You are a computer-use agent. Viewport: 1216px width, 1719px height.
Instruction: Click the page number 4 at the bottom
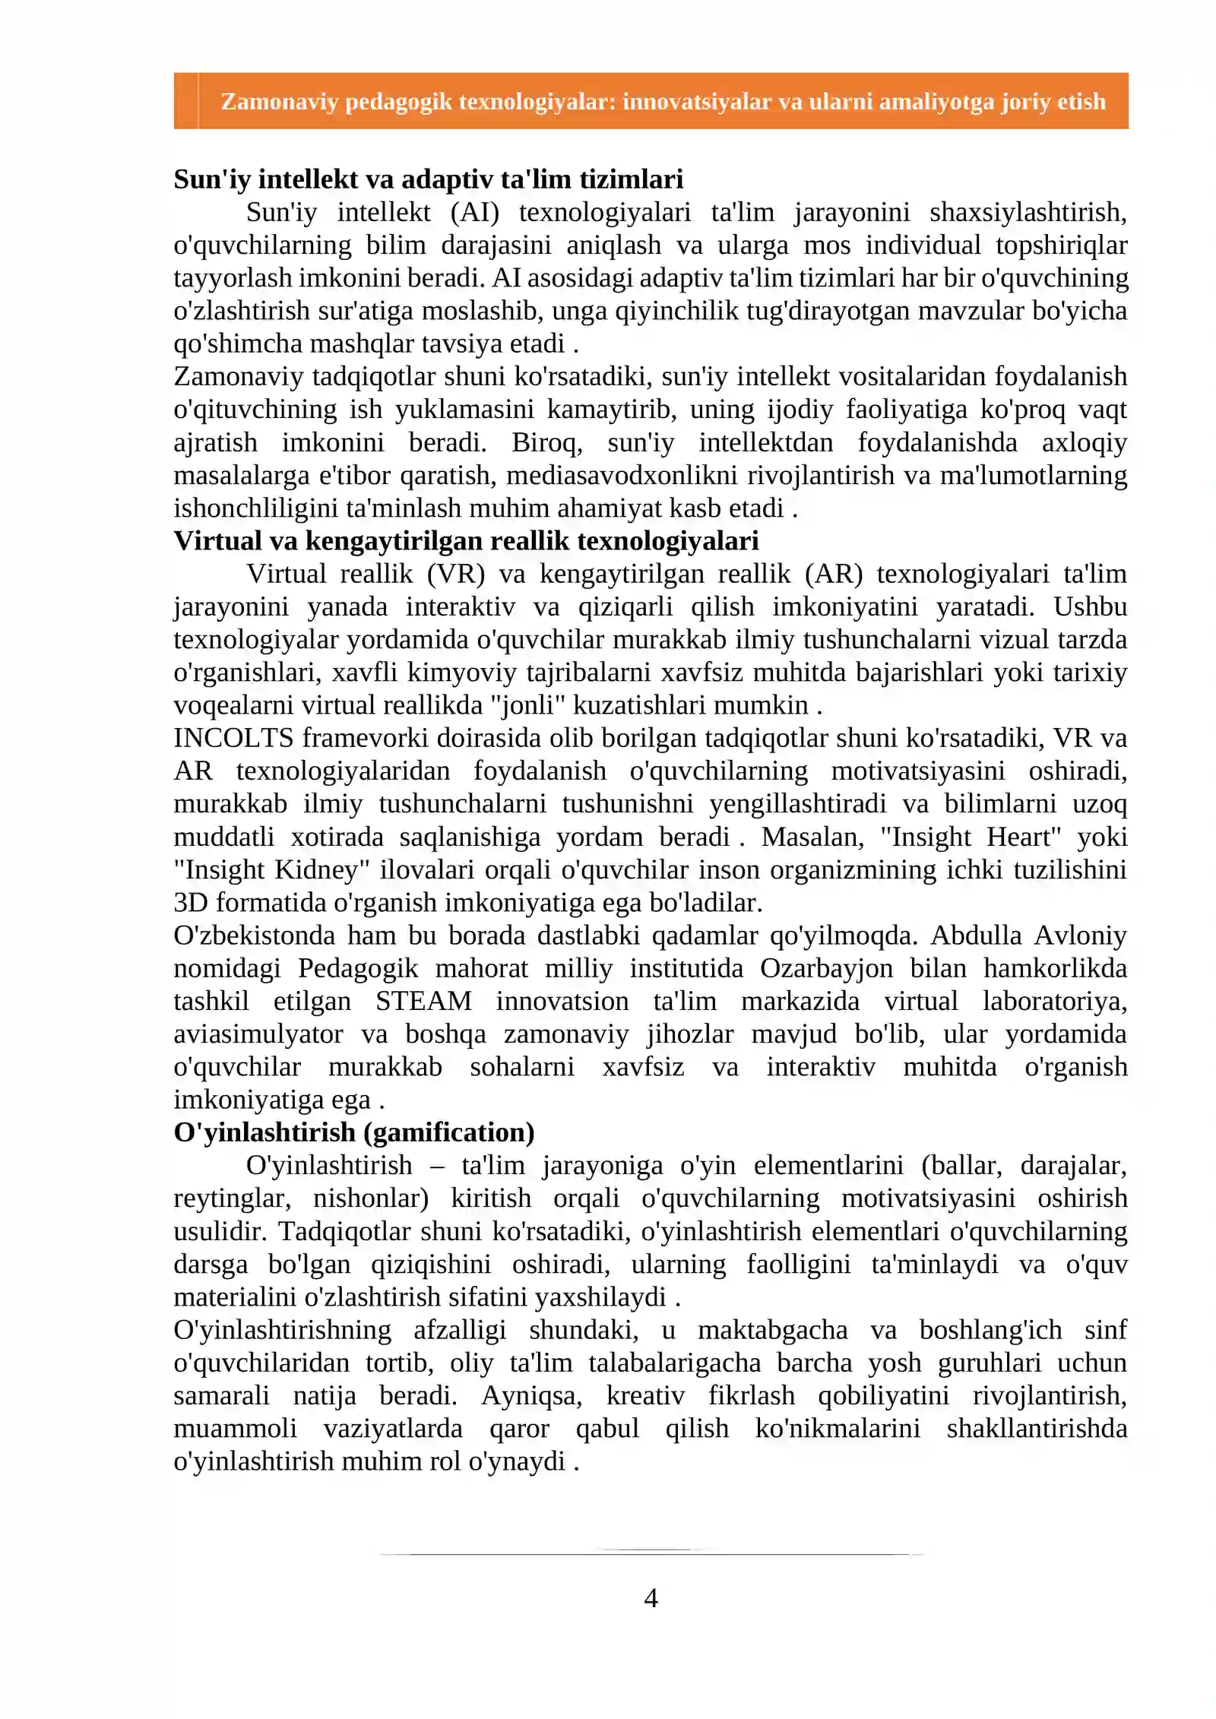pos(651,1597)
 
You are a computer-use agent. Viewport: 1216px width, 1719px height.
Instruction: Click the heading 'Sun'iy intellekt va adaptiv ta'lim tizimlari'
pos(428,179)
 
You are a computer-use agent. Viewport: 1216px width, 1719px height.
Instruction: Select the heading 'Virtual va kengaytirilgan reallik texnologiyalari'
pos(466,540)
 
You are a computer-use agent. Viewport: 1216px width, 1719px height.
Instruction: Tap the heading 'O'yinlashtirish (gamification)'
pos(353,1132)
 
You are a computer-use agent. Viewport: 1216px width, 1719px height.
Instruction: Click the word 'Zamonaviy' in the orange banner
pos(279,101)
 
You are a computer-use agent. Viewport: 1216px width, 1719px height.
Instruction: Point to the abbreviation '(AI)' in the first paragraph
pos(474,212)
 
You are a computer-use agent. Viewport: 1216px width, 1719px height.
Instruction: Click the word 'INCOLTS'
pos(233,737)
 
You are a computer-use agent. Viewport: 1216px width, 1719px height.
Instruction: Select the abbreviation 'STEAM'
pos(423,1000)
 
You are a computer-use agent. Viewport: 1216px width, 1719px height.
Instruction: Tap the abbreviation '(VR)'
pos(455,573)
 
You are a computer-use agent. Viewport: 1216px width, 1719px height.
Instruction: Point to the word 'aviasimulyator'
pos(259,1034)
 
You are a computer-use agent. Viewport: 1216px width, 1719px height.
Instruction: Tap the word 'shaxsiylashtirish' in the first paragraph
pos(1028,212)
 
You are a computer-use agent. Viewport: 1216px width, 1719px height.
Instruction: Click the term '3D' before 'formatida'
pos(190,902)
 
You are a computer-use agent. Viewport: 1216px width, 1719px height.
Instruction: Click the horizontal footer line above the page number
pos(651,1553)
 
